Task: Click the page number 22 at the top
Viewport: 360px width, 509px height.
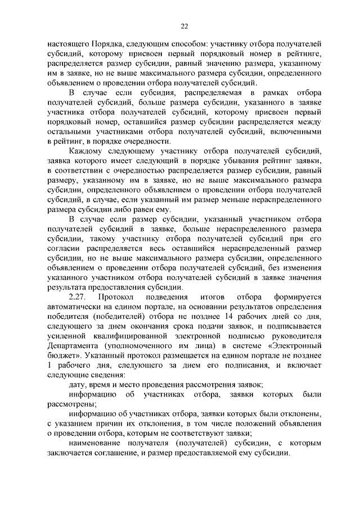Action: tap(184, 26)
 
